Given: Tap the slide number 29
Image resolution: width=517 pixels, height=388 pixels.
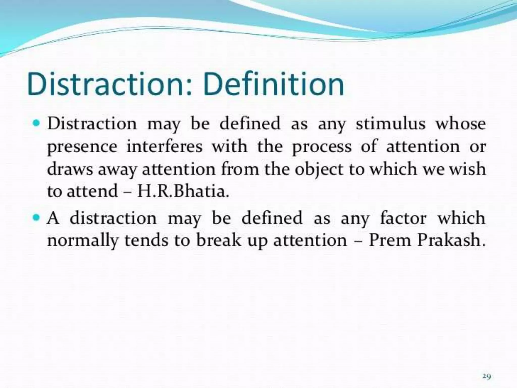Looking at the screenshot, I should point(486,369).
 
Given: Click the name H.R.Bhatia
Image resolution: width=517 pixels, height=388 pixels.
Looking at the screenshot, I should point(183,191).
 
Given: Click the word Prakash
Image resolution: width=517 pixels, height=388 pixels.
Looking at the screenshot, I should point(451,240).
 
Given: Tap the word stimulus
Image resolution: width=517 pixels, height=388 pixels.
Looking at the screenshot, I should point(391,124).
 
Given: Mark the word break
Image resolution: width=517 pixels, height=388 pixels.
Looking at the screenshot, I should point(219,240).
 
